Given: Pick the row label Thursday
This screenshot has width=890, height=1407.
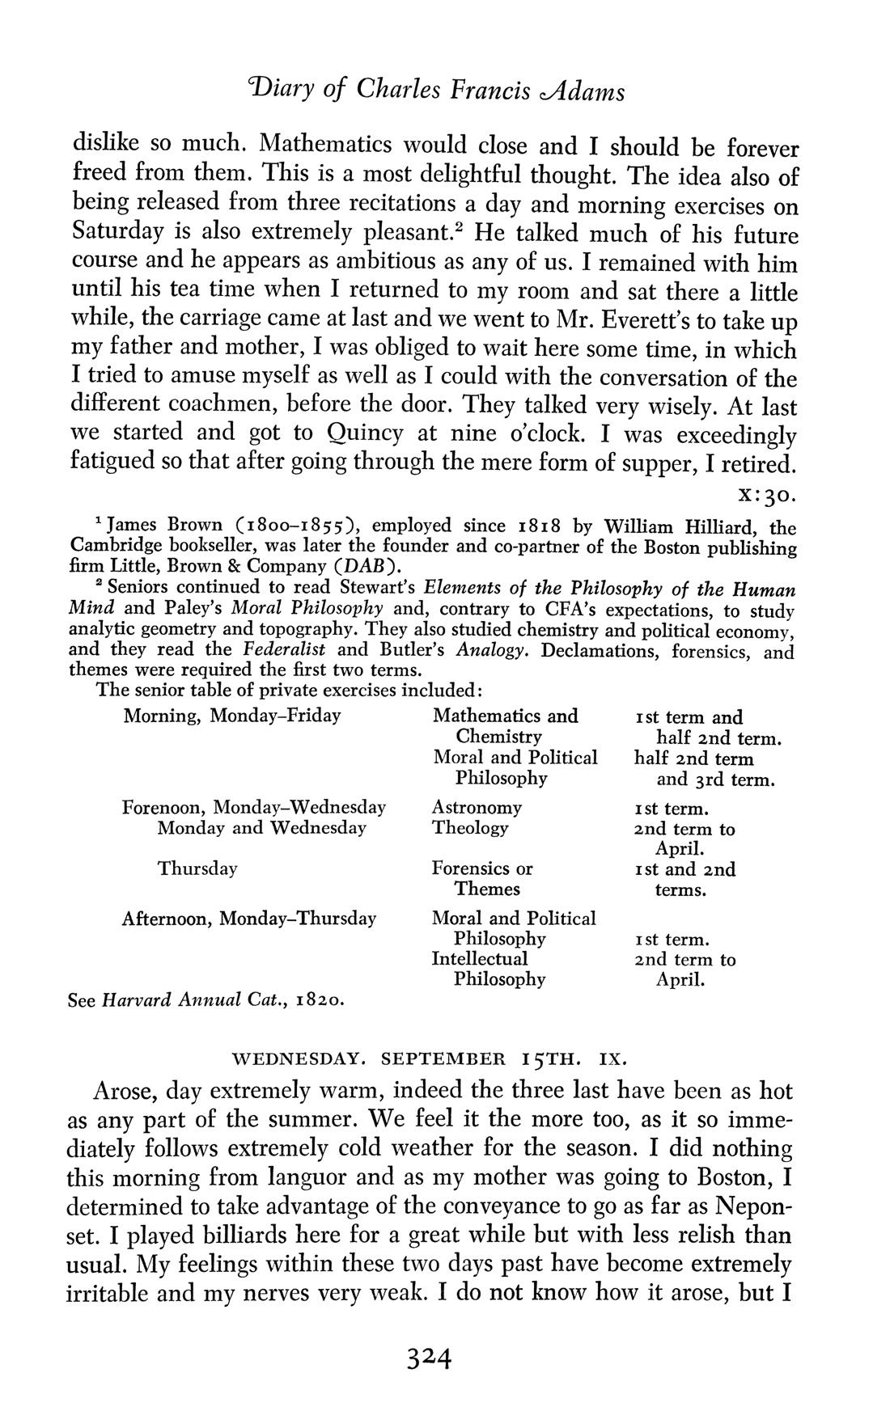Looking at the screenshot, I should click(197, 868).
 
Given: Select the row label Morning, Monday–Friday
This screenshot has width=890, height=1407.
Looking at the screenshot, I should click(231, 716).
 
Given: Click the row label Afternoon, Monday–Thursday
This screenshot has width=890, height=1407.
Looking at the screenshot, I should click(248, 919).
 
